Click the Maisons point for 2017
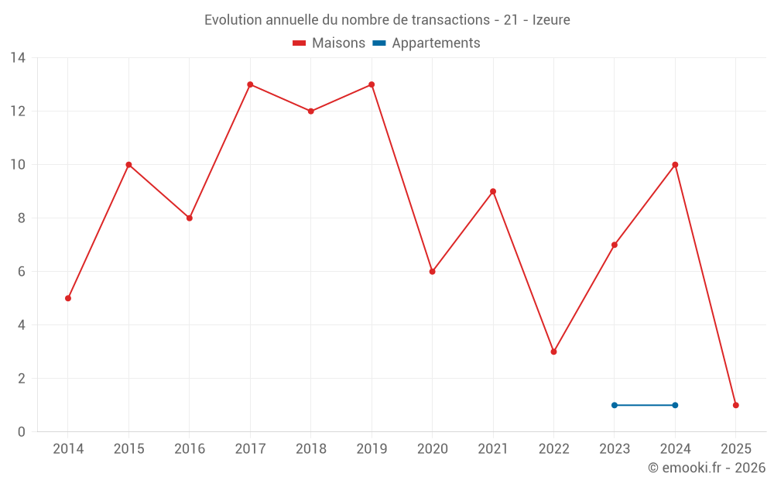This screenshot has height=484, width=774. pos(250,84)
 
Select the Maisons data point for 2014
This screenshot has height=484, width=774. pos(68,298)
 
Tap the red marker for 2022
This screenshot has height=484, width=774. pos(553,352)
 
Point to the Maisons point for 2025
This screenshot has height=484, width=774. pos(735,405)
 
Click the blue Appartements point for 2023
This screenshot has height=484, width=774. pos(615,405)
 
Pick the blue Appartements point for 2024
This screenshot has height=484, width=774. pos(675,405)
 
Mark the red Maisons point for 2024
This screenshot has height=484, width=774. pos(675,164)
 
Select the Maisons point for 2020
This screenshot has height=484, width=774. pos(432,271)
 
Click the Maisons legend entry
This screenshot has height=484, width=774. pos(329,43)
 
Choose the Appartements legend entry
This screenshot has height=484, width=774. pos(426,43)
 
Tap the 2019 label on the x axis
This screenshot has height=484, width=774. pos(372,449)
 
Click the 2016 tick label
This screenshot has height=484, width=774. pos(190,449)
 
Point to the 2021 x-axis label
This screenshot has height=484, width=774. pos(493,449)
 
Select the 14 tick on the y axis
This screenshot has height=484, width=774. pos(18,57)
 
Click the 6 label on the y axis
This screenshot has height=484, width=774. pos(22,272)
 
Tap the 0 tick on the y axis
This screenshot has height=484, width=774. pos(22,432)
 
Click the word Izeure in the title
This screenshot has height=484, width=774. pos(551,20)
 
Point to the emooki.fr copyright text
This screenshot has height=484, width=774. pos(707,468)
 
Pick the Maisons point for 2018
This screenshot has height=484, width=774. pos(310,111)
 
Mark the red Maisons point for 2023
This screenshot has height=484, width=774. pos(615,245)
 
